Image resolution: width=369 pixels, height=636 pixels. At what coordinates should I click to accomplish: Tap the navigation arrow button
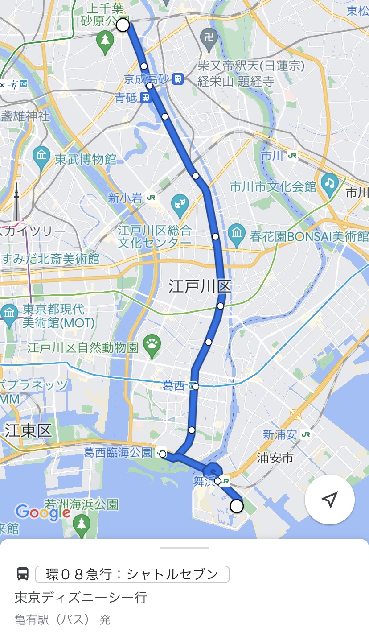tap(329, 500)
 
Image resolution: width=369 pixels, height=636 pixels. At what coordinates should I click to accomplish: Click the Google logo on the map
tap(43, 512)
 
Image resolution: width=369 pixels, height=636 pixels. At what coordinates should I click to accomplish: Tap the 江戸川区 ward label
tap(200, 286)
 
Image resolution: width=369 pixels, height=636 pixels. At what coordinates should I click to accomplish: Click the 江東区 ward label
tap(29, 431)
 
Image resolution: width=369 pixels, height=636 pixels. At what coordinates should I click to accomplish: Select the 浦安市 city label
tap(275, 458)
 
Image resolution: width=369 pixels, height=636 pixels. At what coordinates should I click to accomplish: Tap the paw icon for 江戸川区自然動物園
tap(152, 344)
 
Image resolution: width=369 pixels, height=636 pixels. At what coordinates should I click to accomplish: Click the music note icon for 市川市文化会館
tap(329, 183)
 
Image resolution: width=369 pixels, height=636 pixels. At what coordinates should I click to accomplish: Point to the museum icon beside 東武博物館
tap(41, 156)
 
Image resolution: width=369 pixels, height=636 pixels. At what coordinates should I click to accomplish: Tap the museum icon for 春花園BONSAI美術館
tap(236, 232)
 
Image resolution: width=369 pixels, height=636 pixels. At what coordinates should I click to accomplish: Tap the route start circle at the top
tap(123, 25)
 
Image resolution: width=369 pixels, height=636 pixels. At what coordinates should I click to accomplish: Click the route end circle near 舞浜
tap(237, 506)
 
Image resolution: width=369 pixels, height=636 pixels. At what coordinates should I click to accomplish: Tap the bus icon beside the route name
tap(23, 574)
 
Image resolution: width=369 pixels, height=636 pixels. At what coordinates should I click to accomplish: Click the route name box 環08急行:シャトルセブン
tap(132, 574)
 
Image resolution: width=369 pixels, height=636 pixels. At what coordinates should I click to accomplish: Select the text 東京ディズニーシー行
tap(81, 597)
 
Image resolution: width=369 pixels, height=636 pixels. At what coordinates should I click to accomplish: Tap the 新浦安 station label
tap(280, 434)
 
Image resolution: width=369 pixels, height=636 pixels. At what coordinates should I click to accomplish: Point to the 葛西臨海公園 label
tap(118, 453)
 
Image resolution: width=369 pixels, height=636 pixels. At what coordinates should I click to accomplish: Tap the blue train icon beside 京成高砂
tap(178, 79)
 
